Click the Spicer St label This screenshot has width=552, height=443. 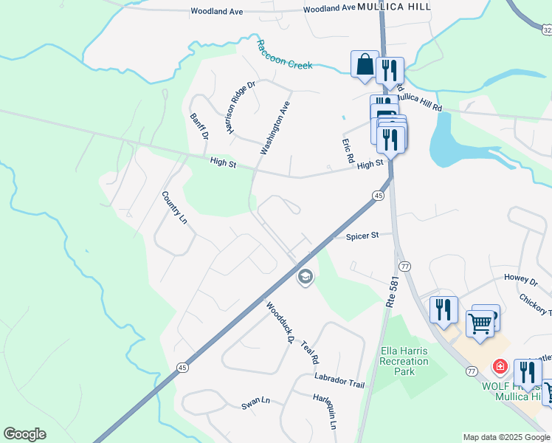(x=362, y=236)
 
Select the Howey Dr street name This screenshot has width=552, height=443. (x=521, y=280)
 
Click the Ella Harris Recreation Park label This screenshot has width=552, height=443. (x=404, y=361)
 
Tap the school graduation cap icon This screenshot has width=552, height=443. (x=304, y=277)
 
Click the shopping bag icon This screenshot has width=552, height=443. (x=365, y=65)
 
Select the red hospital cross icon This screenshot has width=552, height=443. (x=500, y=365)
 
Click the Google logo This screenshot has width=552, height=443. (x=24, y=434)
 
